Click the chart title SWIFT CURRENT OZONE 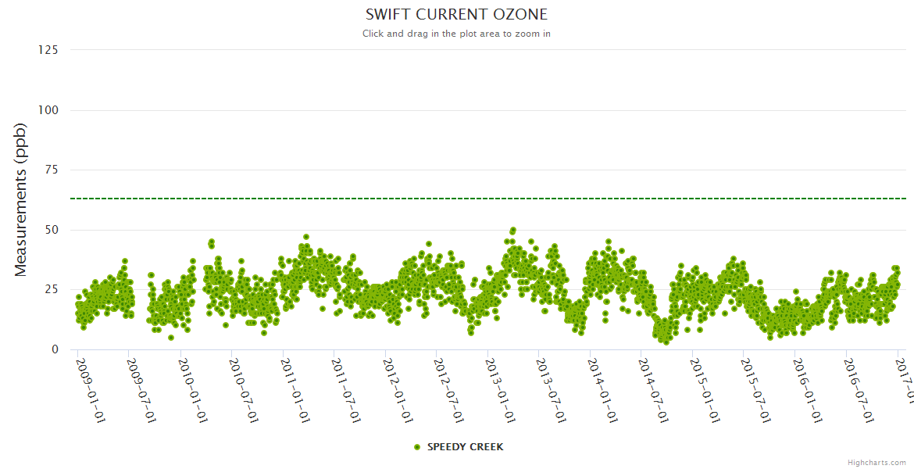(456, 15)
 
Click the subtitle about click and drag (456, 34)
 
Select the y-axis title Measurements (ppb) (21, 199)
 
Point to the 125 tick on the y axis (48, 50)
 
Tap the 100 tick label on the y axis (48, 110)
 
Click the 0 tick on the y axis (55, 349)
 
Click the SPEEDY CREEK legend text (465, 447)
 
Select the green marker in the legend (417, 447)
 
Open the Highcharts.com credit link (877, 463)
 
